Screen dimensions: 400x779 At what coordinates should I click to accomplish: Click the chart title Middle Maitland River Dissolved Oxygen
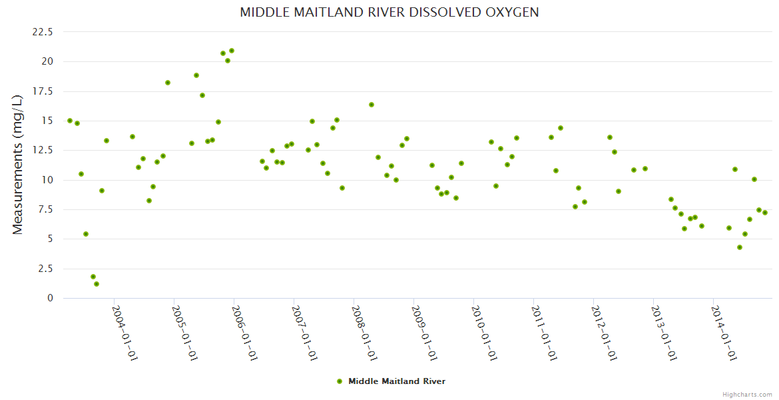pyautogui.click(x=389, y=13)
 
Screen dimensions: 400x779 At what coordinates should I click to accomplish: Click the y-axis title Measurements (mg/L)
pyautogui.click(x=18, y=164)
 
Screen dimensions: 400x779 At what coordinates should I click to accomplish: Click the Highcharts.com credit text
pyautogui.click(x=747, y=395)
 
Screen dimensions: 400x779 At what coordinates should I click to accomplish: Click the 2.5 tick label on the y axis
pyautogui.click(x=47, y=269)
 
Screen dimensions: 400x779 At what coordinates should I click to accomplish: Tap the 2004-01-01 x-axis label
pyautogui.click(x=125, y=333)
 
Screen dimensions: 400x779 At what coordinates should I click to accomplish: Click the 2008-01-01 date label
pyautogui.click(x=364, y=333)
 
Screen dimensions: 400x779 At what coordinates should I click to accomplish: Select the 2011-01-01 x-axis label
pyautogui.click(x=544, y=333)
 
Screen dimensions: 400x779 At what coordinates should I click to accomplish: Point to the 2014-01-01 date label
pyautogui.click(x=724, y=333)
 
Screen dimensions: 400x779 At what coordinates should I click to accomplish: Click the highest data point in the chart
pyautogui.click(x=232, y=51)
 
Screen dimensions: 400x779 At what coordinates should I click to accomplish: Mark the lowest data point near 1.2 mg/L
pyautogui.click(x=97, y=284)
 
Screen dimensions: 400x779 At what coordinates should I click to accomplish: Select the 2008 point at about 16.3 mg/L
pyautogui.click(x=372, y=105)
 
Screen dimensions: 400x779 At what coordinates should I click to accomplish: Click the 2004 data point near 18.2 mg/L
pyautogui.click(x=168, y=83)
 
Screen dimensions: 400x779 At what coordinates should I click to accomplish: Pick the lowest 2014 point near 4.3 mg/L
pyautogui.click(x=740, y=247)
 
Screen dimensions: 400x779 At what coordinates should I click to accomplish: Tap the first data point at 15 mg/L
pyautogui.click(x=70, y=121)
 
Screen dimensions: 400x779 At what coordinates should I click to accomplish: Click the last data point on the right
pyautogui.click(x=765, y=213)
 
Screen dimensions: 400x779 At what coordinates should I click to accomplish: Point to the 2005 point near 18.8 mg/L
pyautogui.click(x=196, y=75)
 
